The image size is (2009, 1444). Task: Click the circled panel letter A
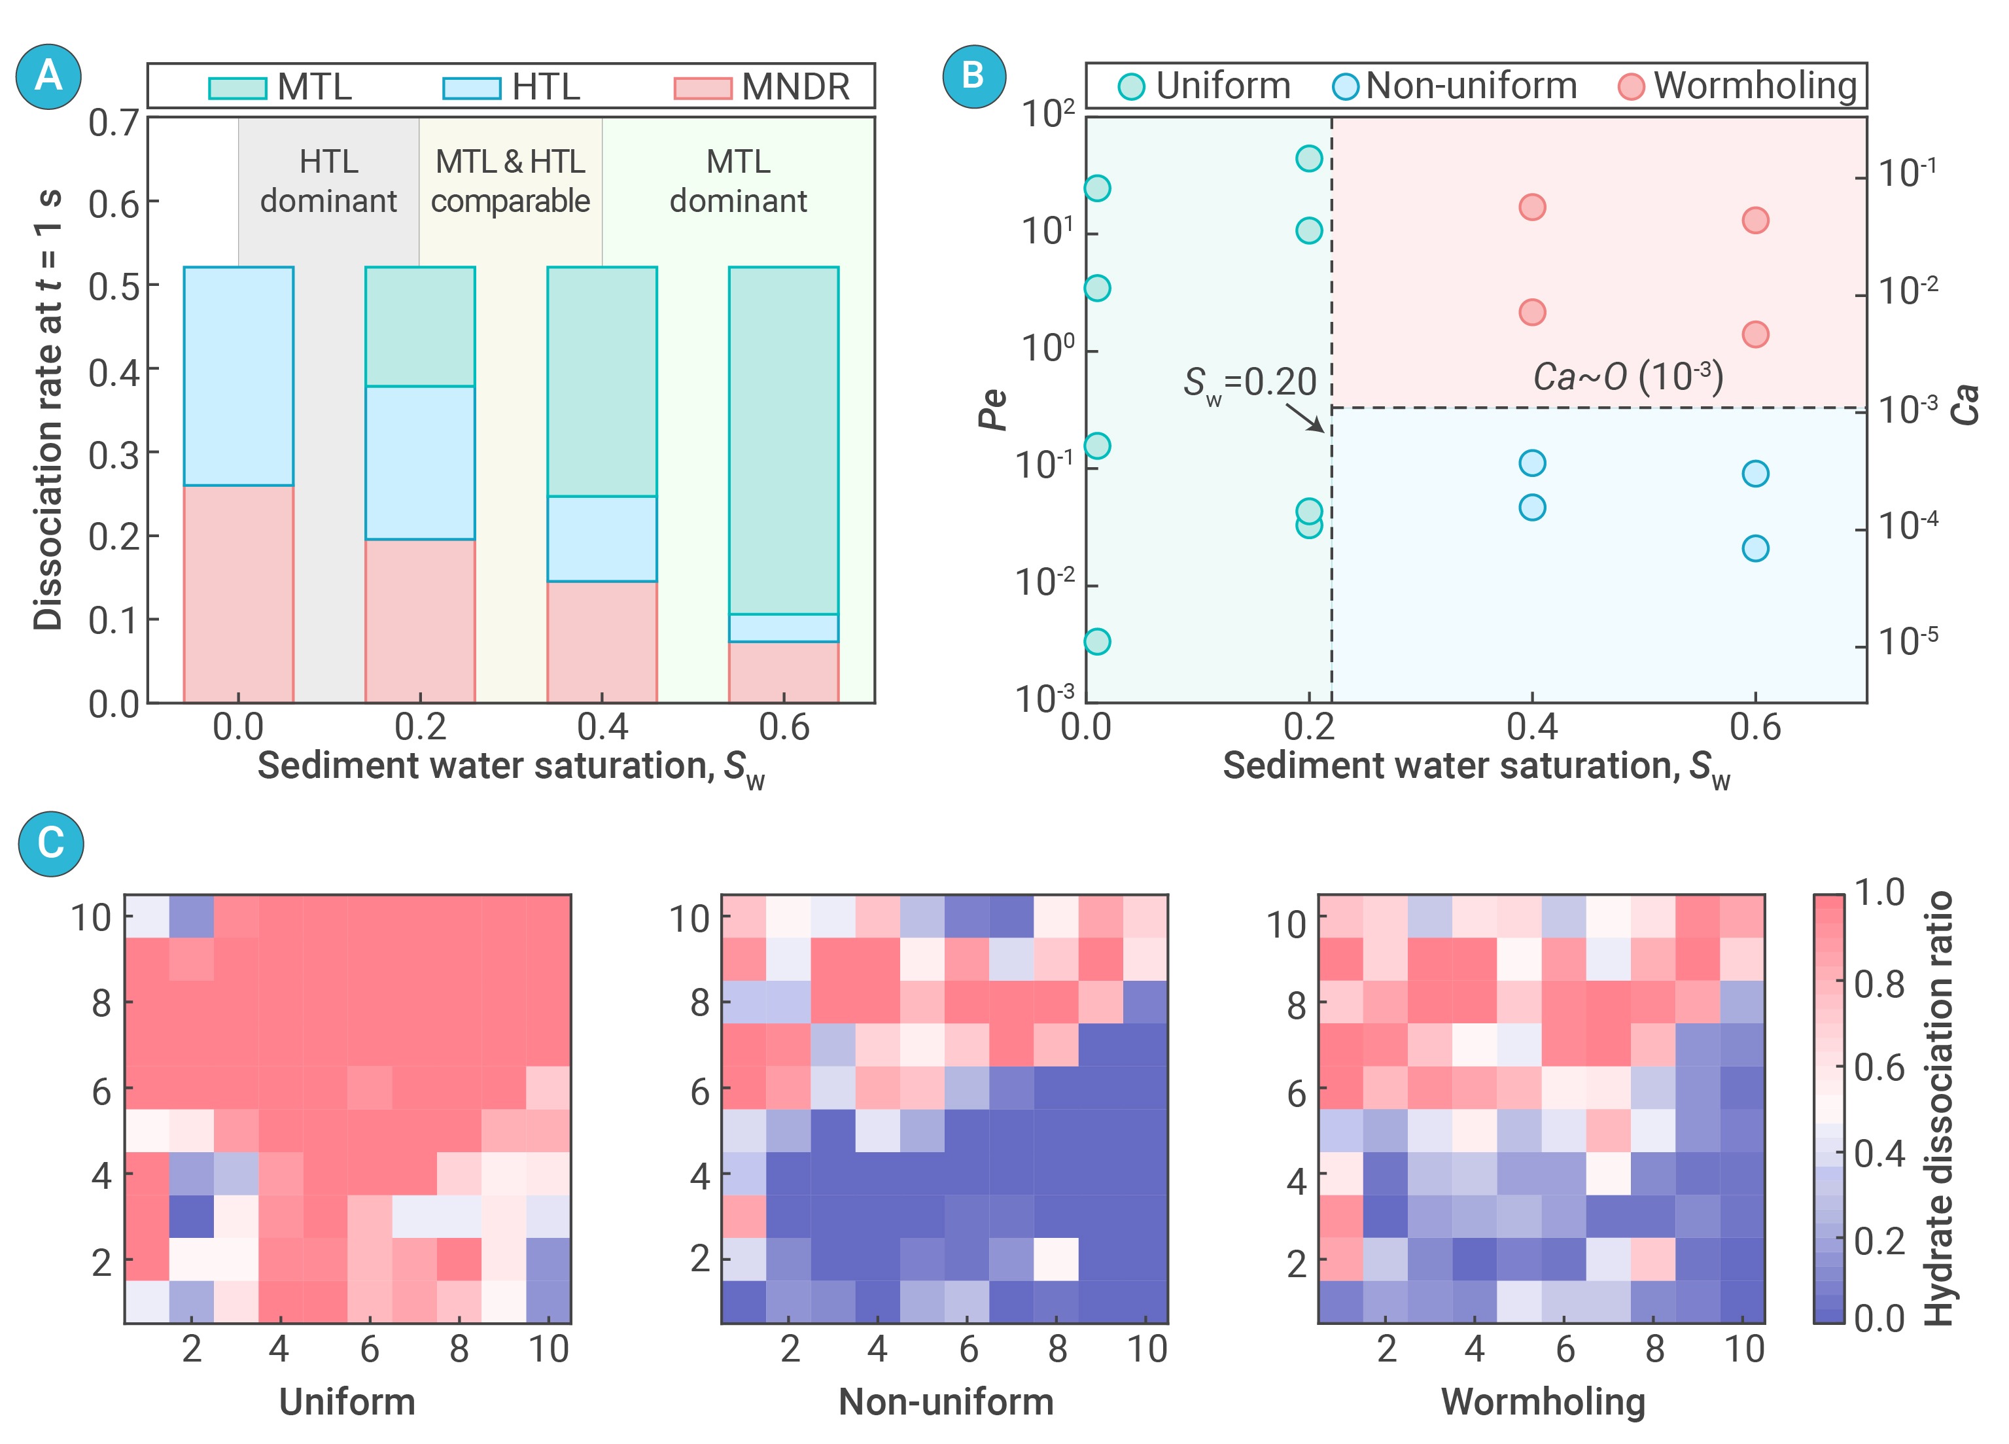[x=48, y=76]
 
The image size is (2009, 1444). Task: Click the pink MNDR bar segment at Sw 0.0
[x=238, y=593]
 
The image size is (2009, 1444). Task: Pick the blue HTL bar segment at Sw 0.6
[x=783, y=627]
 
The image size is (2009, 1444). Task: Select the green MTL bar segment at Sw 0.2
[x=420, y=326]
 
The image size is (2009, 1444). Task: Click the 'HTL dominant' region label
[x=328, y=181]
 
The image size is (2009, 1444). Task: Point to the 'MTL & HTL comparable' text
[x=510, y=181]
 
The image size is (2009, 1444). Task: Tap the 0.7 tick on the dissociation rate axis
[x=113, y=123]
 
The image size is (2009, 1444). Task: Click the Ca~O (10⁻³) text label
[x=1628, y=376]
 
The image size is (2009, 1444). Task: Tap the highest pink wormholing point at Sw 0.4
[x=1531, y=207]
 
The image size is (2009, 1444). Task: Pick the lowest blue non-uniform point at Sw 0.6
[x=1755, y=548]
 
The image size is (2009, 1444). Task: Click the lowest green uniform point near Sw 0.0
[x=1098, y=641]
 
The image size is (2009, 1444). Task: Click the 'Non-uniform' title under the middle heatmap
[x=945, y=1401]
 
